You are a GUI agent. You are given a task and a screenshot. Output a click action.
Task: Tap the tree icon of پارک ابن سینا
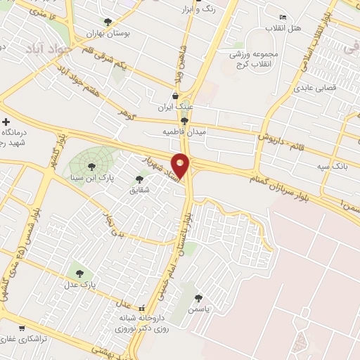(x=91, y=166)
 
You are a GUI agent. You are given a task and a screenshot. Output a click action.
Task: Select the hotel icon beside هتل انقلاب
(x=283, y=18)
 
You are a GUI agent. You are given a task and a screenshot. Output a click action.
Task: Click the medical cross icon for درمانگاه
(x=6, y=122)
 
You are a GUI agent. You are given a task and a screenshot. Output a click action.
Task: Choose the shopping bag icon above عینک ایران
(x=175, y=96)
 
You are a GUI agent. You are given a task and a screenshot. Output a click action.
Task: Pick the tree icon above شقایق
(x=138, y=179)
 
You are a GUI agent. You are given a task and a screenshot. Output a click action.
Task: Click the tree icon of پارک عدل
(x=78, y=274)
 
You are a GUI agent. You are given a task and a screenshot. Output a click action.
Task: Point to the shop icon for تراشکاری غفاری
(x=21, y=328)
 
